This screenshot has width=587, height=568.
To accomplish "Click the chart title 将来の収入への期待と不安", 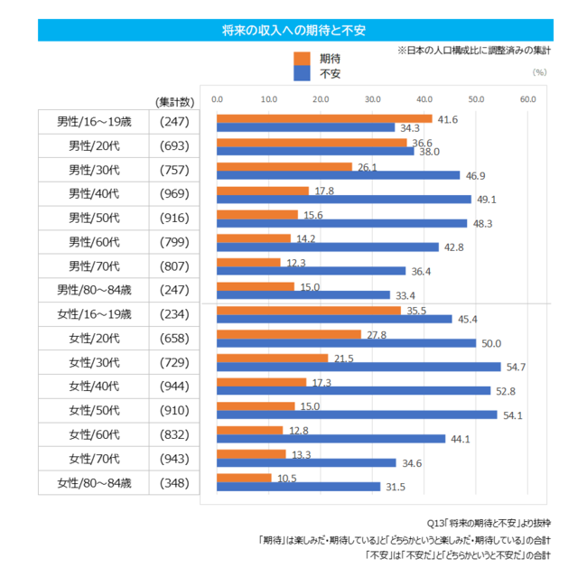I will [293, 31].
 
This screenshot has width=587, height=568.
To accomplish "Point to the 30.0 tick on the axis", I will [372, 98].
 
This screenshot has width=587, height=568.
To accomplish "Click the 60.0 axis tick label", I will [528, 98].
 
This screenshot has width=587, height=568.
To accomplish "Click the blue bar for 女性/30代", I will [359, 368].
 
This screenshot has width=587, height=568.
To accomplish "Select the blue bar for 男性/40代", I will [344, 199].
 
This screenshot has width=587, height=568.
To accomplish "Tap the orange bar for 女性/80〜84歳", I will [244, 478].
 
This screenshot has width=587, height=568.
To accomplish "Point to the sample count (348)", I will [173, 482].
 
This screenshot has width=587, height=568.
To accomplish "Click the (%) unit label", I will [540, 71].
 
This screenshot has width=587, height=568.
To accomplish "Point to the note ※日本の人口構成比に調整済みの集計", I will [473, 51].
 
